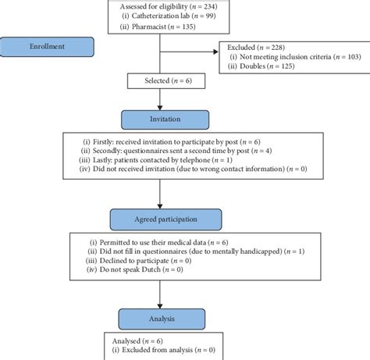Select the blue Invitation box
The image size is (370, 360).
tap(164, 119)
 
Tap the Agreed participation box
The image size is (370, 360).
tap(164, 219)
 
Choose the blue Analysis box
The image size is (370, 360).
tap(164, 318)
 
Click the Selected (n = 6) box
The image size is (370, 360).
tap(159, 80)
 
